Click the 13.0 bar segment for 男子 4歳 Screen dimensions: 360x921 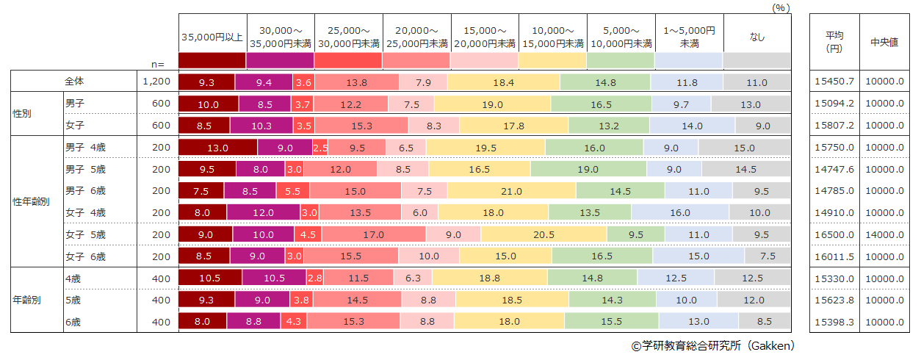coord(218,148)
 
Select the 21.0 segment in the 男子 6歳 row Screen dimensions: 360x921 coord(511,191)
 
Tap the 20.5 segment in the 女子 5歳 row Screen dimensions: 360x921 coord(543,234)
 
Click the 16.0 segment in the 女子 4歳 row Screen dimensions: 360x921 coord(679,213)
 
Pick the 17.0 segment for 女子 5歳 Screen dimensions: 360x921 coord(373,234)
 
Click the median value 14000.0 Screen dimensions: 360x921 coord(884,234)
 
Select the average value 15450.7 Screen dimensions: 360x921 coord(835,82)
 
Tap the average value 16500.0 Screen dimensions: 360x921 coord(835,234)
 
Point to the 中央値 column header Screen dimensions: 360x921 coord(884,42)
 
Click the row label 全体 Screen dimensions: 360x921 coord(75,82)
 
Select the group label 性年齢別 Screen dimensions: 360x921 coord(31,202)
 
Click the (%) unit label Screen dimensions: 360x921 coord(781,7)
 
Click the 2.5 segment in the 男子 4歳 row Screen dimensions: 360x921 coord(320,148)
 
